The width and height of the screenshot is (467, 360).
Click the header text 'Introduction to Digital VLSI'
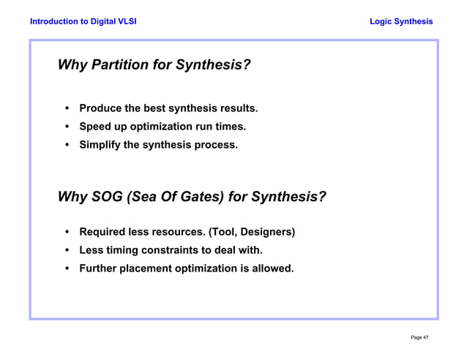tap(83, 21)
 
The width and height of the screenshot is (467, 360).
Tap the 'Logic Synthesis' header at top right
tap(401, 21)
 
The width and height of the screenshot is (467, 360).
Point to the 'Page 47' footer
tap(419, 337)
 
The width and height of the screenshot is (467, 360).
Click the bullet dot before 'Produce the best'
tap(67, 109)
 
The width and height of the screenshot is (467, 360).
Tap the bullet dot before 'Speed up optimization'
tap(67, 127)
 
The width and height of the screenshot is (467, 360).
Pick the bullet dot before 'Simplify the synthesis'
tap(67, 145)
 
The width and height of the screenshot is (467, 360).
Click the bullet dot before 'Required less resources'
tap(67, 233)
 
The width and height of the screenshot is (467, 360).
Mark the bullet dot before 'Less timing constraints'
tap(67, 250)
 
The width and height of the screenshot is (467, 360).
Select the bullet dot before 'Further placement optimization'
tap(67, 269)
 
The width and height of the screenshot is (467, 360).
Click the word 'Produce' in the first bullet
tap(100, 109)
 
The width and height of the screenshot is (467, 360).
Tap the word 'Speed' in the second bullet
tap(95, 127)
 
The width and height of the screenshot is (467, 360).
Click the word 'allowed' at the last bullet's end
tap(272, 269)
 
